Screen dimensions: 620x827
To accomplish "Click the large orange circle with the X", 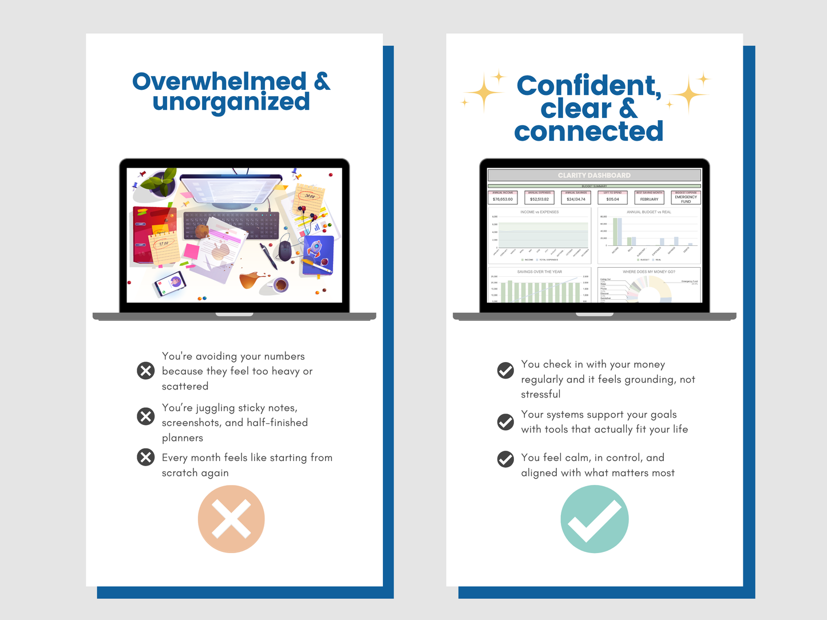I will tap(231, 519).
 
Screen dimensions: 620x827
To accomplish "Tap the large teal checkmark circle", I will tap(594, 519).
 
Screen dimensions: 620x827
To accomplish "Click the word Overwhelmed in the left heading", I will tap(220, 81).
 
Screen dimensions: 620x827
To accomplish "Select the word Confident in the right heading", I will tap(588, 86).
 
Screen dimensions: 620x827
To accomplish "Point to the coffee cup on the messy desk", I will tap(280, 284).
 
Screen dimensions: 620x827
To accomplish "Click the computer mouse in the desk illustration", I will tap(285, 250).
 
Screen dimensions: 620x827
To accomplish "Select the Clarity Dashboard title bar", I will tap(594, 175).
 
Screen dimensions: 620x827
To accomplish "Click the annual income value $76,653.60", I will tap(502, 199).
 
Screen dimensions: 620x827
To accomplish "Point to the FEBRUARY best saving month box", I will tap(649, 199).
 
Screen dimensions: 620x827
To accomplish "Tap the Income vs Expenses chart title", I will tap(539, 212).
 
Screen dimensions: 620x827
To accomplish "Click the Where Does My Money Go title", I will tap(649, 272).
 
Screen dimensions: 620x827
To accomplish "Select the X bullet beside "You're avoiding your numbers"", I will tap(146, 371).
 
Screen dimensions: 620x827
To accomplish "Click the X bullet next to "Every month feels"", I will tap(146, 457).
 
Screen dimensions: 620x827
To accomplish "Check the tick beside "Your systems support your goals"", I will tap(505, 422).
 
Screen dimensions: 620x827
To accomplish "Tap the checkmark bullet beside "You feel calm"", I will tap(505, 459).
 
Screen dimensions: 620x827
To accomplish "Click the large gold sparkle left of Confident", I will tap(484, 92).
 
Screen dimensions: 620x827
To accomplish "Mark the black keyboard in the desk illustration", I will tap(229, 225).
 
